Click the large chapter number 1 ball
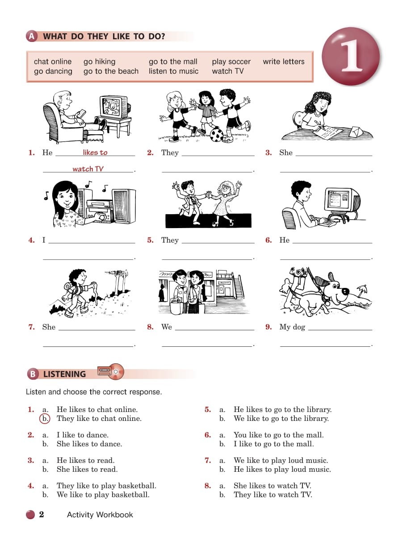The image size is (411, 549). [351, 56]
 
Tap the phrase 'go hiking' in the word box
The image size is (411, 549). [99, 62]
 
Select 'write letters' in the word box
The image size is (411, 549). [284, 62]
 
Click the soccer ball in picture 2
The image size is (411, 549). [217, 135]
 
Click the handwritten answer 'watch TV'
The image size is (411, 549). [88, 169]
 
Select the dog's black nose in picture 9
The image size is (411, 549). [346, 291]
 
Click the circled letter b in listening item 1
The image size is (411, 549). [45, 419]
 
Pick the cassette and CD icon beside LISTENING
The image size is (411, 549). [111, 371]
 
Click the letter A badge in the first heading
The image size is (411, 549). [32, 37]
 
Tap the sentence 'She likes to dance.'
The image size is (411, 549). [89, 444]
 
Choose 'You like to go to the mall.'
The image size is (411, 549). [279, 435]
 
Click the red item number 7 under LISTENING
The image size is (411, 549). [207, 460]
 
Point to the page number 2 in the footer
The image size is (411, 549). [42, 514]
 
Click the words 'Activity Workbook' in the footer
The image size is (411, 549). [100, 515]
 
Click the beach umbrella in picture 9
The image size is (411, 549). [362, 290]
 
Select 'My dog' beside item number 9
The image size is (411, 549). [292, 327]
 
